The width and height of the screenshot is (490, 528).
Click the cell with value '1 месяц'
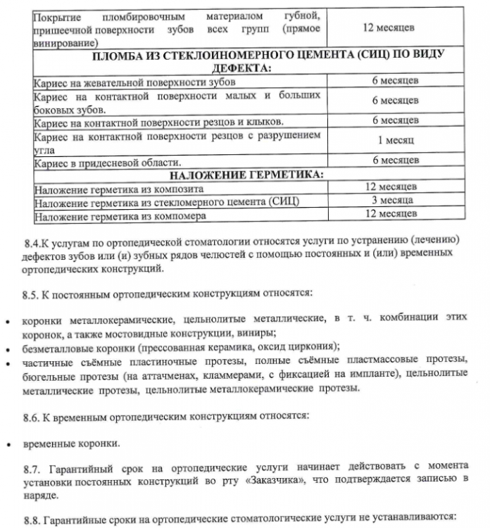point(395,140)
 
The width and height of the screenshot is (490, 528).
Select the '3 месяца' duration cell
point(395,201)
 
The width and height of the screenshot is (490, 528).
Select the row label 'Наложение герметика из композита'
point(119,188)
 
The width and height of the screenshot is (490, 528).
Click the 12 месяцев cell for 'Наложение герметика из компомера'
point(395,214)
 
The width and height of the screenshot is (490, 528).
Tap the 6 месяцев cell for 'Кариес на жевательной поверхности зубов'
point(395,80)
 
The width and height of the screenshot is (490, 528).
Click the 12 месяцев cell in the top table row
point(395,27)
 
